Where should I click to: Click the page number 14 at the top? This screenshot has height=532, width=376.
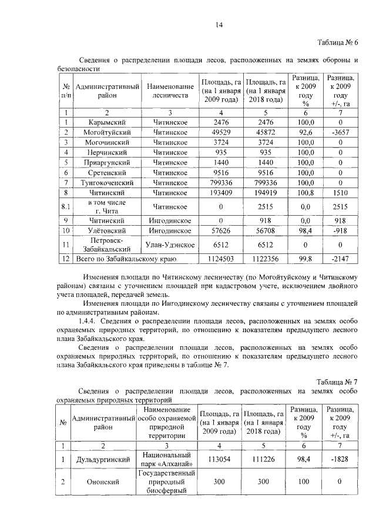[x=219, y=24]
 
